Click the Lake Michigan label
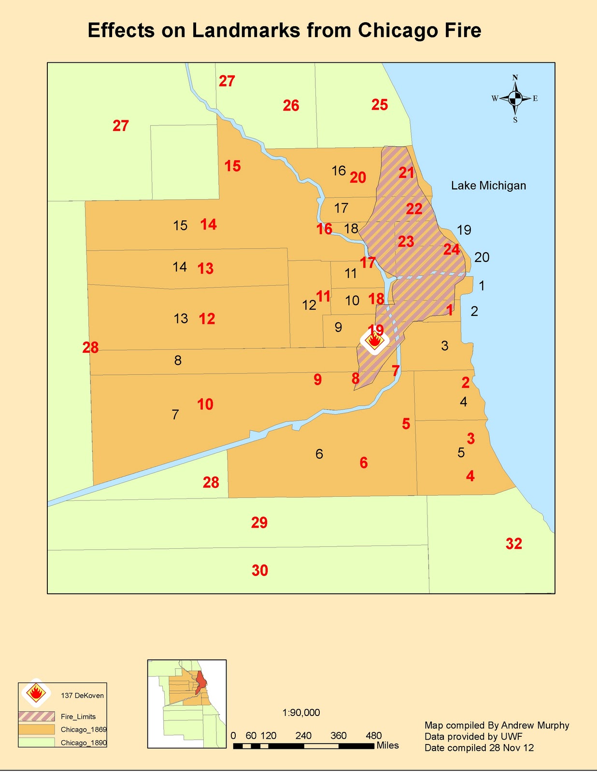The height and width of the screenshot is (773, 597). (488, 186)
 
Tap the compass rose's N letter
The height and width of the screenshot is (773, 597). (515, 78)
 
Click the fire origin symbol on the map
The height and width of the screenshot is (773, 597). (374, 342)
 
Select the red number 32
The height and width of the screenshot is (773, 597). (514, 544)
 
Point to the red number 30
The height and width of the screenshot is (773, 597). (260, 571)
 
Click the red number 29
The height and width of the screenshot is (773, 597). (259, 523)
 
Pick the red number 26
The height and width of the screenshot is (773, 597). (291, 106)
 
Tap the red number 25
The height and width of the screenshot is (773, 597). (380, 105)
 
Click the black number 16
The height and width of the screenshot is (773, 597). (339, 171)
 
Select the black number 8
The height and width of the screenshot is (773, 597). (178, 360)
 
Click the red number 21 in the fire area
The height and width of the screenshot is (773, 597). (407, 173)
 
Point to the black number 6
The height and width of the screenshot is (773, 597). (319, 454)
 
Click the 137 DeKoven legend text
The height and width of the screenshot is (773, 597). (82, 696)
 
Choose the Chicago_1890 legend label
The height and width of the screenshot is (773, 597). (84, 743)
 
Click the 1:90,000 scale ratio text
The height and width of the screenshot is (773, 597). (301, 713)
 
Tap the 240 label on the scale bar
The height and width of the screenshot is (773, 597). (303, 736)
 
